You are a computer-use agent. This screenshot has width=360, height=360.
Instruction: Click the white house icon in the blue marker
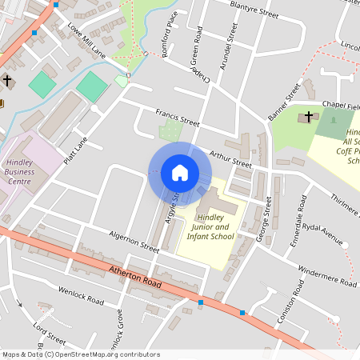point(179,172)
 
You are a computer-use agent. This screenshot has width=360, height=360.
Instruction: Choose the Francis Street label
point(177,118)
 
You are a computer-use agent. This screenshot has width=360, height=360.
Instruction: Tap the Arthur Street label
point(230,158)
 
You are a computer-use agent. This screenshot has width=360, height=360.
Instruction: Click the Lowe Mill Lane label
point(86,40)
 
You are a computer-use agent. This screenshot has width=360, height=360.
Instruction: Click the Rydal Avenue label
point(322,234)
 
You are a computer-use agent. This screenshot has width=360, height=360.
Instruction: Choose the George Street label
point(266,216)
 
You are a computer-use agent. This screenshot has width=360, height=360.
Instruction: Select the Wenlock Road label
point(81,294)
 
